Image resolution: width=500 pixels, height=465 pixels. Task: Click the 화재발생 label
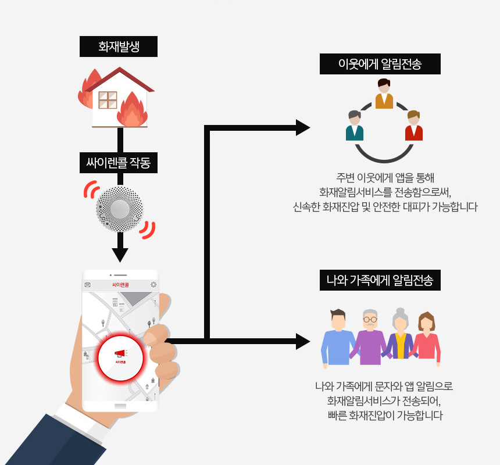119,46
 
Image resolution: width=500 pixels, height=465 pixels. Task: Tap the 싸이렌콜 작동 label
119,163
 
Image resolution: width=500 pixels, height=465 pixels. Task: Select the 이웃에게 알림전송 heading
380,64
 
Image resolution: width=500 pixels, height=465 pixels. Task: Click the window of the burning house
108,100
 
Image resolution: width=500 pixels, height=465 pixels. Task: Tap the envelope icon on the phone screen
88,285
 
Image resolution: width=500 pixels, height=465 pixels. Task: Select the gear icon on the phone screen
153,285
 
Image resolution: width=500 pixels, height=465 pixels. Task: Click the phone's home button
120,405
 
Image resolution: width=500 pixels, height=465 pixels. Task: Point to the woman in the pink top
427,340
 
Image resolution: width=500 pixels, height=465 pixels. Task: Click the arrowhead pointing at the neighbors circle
303,127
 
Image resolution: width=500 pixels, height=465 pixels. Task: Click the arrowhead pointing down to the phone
120,255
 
